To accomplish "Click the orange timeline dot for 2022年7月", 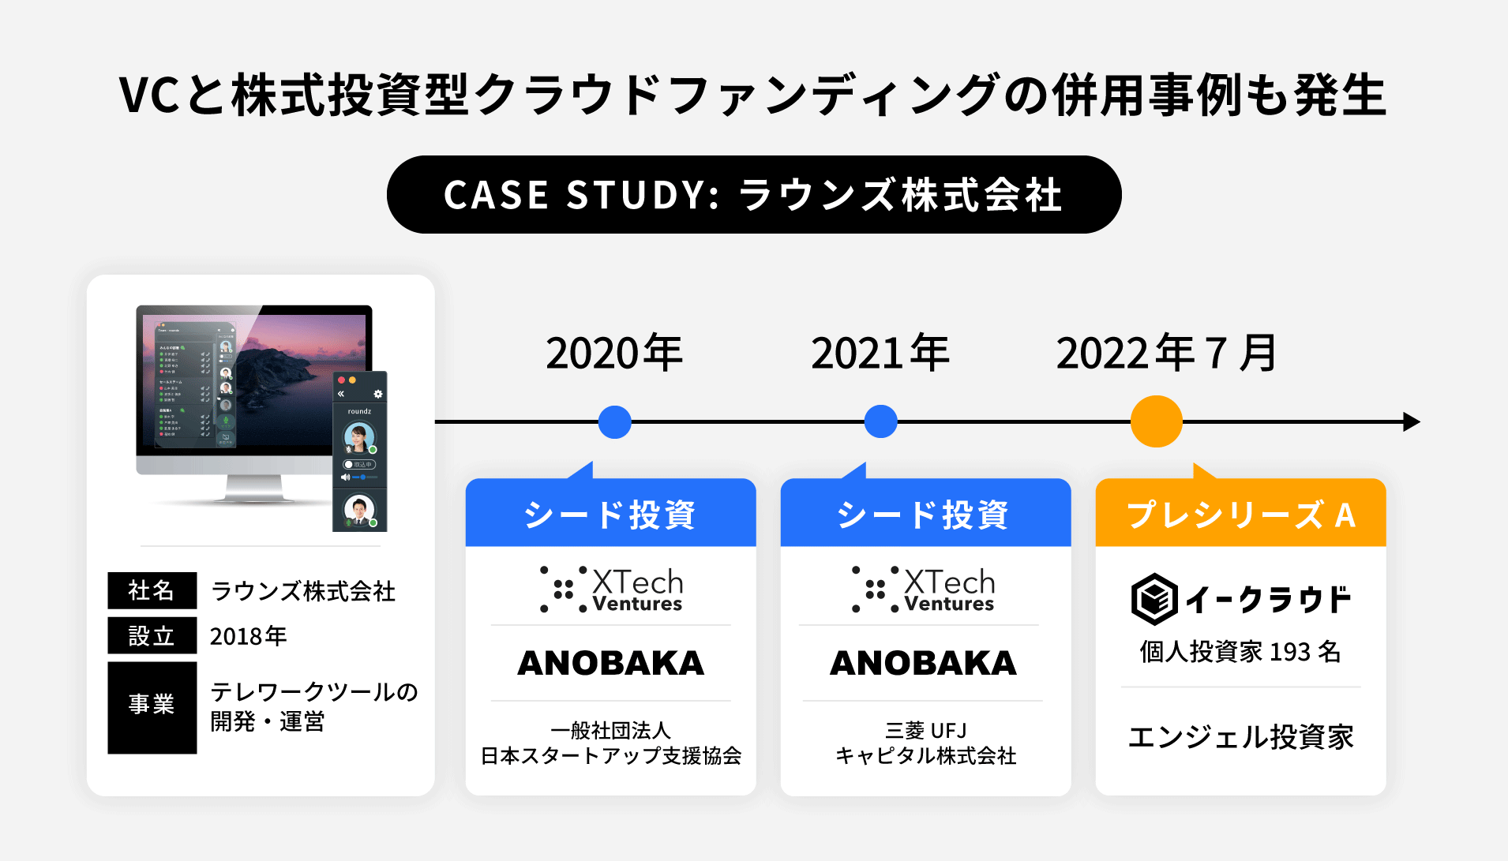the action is (1156, 421).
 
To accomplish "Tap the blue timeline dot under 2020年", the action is (614, 422).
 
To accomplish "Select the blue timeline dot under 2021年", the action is (880, 421).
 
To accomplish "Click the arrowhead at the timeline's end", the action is (1412, 421).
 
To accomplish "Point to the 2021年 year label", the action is (880, 353).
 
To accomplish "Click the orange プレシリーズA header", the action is (1240, 515).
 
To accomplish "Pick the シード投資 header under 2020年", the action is (610, 515).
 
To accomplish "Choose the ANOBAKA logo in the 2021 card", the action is (924, 663).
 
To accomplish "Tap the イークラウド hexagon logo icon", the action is (1154, 599).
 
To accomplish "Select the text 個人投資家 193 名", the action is (1240, 652).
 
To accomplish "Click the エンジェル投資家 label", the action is (1240, 737).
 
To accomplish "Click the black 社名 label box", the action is (152, 590).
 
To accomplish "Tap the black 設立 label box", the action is (152, 636).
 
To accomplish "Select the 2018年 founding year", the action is (248, 636).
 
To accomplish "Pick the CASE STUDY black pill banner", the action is (753, 195).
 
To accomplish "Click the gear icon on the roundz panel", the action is (378, 394).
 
